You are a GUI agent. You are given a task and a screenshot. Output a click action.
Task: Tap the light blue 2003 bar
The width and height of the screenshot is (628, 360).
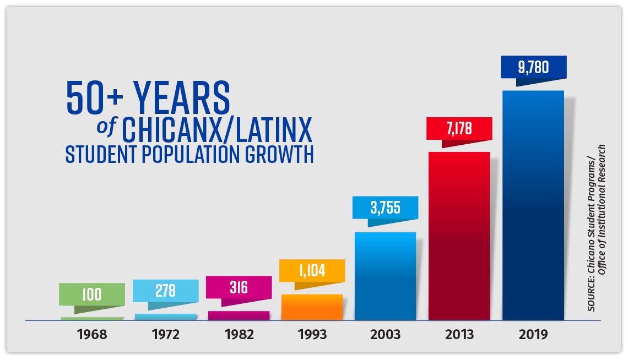tap(385, 276)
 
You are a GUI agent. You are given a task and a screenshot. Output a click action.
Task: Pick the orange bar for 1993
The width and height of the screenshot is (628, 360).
tap(312, 307)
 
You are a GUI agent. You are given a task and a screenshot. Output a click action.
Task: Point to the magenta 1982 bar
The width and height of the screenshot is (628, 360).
tap(239, 315)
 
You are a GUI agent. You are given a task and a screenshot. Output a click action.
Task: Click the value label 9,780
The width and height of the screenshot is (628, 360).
tap(533, 67)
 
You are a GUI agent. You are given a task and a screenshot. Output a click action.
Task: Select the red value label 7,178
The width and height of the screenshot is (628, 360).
tap(459, 129)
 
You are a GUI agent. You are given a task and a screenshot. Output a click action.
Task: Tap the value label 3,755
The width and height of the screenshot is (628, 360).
tap(385, 208)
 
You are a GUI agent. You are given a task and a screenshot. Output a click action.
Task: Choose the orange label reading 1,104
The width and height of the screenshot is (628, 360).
tap(312, 271)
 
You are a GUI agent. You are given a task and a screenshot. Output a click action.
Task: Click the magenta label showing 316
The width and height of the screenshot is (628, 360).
tap(239, 287)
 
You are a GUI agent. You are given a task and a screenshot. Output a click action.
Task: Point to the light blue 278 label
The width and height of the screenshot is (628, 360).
tap(165, 291)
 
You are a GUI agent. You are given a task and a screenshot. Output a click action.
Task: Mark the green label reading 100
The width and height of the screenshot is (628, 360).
tap(92, 294)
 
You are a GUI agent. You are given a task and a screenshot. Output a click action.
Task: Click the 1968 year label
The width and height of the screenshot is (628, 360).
tap(92, 334)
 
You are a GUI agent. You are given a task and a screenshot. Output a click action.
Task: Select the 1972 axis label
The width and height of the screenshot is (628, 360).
tap(165, 334)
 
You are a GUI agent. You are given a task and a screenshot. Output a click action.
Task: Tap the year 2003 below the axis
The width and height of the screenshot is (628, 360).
tap(385, 334)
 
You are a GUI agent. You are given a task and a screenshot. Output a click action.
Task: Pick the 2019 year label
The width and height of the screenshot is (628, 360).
tap(533, 334)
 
